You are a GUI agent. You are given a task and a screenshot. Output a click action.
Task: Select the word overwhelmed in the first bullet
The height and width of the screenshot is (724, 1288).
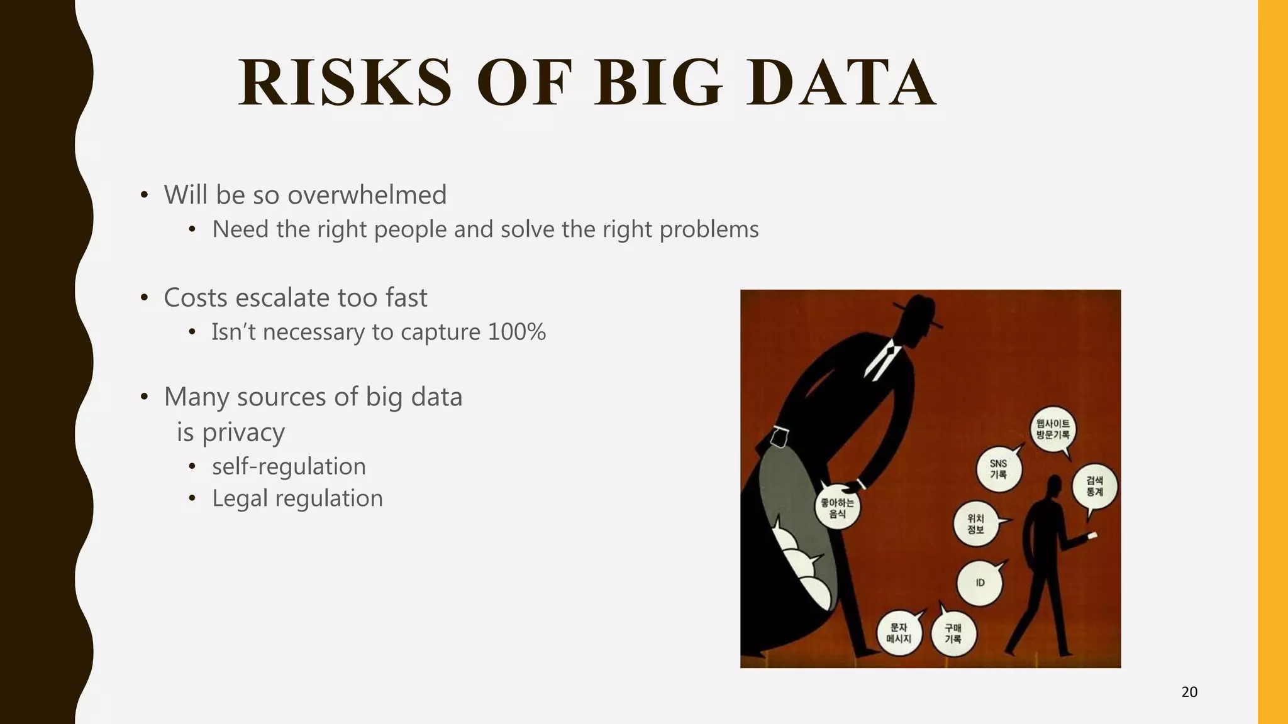coord(367,195)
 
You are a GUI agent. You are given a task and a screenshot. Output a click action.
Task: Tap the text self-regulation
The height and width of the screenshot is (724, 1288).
coord(289,466)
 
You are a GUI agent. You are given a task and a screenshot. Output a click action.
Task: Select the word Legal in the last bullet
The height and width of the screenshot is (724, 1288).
coord(240,498)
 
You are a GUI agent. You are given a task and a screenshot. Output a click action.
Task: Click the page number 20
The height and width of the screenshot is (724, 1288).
coord(1189,692)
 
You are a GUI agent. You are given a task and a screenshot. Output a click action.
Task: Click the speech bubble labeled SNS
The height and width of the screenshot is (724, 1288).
coord(998,469)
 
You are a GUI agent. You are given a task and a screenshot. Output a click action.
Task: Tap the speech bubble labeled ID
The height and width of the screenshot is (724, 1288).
coord(979,583)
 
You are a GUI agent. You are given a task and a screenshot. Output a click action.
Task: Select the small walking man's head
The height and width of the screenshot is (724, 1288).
coord(1053,488)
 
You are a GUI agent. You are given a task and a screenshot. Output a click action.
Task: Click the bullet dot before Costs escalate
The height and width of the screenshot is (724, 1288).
coord(144,298)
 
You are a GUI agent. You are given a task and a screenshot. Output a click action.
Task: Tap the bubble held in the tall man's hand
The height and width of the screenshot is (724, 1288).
coord(837,507)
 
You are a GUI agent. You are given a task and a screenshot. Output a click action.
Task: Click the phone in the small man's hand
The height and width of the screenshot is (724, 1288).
coord(1092,535)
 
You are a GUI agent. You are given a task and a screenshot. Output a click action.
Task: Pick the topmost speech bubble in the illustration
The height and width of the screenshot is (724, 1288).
coord(1053,429)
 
